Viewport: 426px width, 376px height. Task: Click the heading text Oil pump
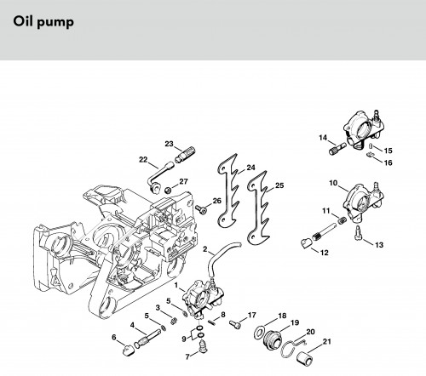click(43, 22)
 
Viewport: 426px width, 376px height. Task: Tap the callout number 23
click(169, 144)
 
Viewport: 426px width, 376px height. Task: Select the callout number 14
click(323, 138)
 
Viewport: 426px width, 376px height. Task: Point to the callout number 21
click(327, 341)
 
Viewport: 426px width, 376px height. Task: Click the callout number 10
click(333, 183)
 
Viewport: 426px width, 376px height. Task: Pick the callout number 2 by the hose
click(205, 249)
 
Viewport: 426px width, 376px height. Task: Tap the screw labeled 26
click(201, 209)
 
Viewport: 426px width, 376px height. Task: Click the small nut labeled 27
click(168, 190)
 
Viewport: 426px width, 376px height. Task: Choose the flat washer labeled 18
click(259, 333)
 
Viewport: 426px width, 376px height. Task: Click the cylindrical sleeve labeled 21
click(304, 356)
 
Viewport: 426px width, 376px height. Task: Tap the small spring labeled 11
click(341, 219)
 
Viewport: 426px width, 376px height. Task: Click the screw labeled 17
click(235, 325)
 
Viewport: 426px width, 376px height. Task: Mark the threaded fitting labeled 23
click(185, 154)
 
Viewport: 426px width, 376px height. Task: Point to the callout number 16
click(388, 162)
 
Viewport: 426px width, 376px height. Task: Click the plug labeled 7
click(203, 346)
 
